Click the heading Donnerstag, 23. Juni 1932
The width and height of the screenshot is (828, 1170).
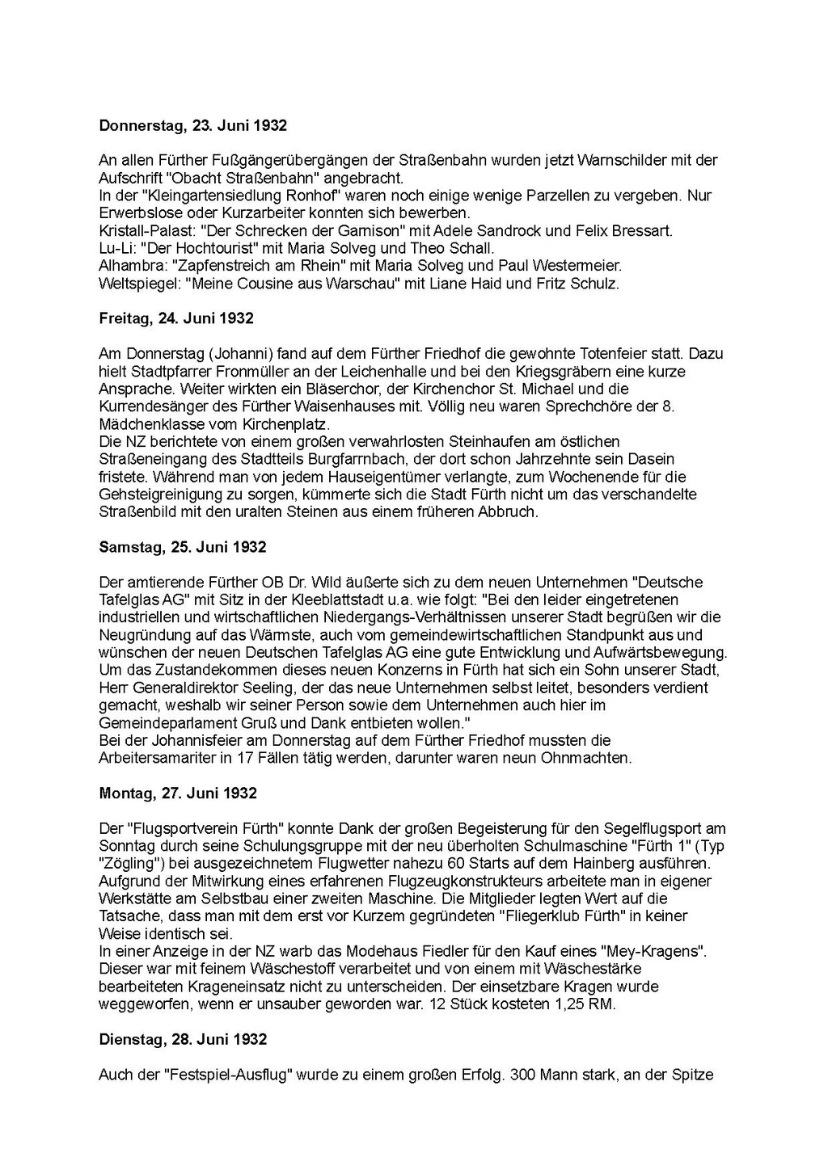coord(192,126)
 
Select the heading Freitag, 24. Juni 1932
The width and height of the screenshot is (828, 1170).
coord(175,318)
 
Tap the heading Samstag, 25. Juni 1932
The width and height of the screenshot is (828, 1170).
coord(182,547)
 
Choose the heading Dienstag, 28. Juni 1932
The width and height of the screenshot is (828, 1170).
coord(183,1040)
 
